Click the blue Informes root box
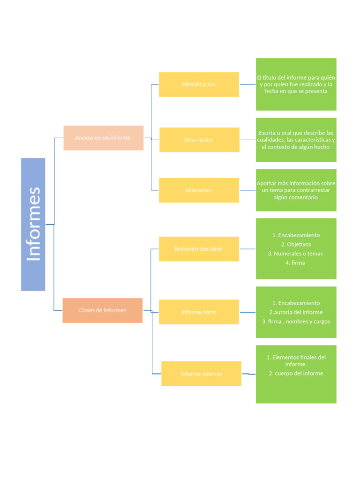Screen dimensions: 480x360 point(33,224)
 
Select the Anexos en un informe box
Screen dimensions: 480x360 point(103,138)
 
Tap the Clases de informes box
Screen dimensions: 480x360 point(102,310)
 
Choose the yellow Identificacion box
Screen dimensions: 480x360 point(199,84)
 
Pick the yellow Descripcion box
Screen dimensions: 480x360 point(199,140)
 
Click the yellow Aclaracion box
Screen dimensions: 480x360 point(199,190)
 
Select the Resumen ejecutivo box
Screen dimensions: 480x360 point(199,249)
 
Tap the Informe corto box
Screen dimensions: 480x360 point(199,312)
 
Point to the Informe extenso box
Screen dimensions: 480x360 point(201,374)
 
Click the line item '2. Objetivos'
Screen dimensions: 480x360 point(296,244)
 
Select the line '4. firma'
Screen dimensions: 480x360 point(295,263)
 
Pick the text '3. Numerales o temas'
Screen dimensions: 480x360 point(295,254)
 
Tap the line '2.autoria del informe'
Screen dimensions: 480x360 point(296,312)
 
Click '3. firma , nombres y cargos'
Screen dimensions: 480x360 point(296,322)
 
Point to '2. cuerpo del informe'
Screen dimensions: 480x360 point(296,373)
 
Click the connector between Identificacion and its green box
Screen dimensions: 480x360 point(247,84)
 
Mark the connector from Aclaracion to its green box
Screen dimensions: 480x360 point(247,190)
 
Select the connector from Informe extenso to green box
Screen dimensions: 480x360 point(249,374)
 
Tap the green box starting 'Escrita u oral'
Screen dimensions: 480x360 point(296,140)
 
